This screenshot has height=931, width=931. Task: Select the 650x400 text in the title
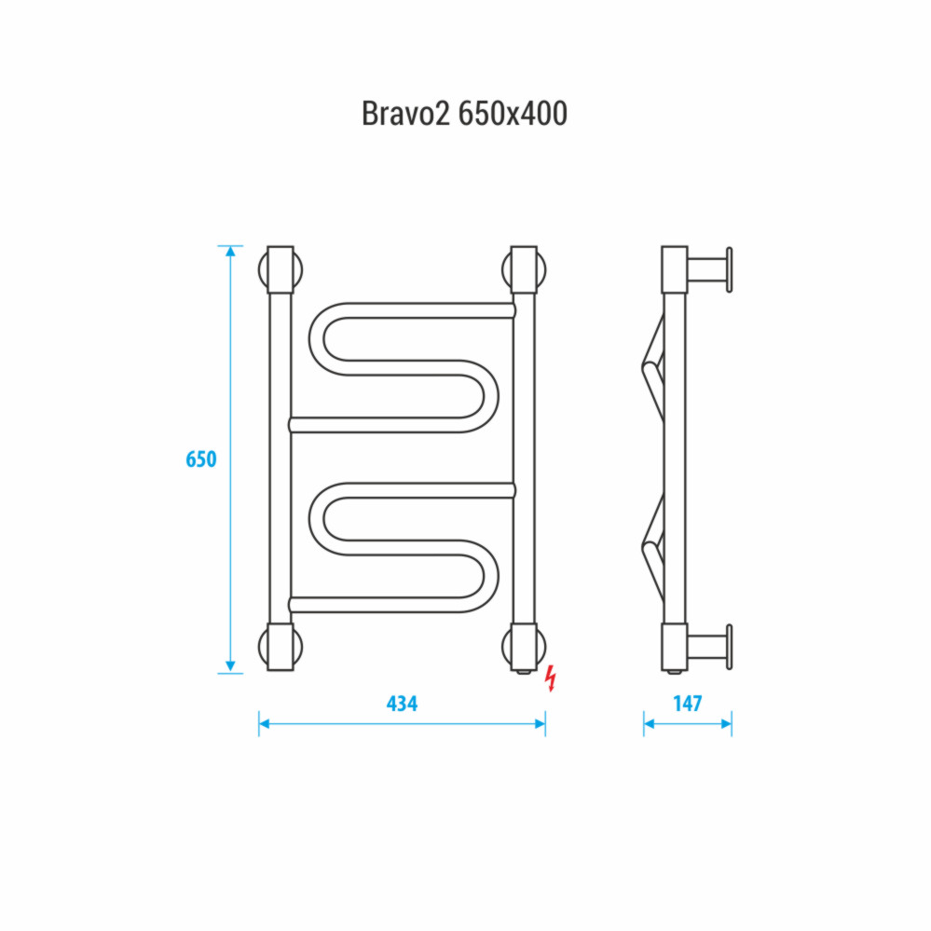513,114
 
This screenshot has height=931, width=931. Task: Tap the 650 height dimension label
201,459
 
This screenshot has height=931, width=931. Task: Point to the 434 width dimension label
402,704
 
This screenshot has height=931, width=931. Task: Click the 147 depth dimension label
688,704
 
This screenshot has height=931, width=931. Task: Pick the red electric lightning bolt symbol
552,678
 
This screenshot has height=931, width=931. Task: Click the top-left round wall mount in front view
281,269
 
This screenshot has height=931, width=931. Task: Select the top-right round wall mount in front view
524,269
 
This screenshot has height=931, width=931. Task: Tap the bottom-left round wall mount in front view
281,647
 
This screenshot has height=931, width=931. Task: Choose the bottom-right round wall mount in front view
524,647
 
